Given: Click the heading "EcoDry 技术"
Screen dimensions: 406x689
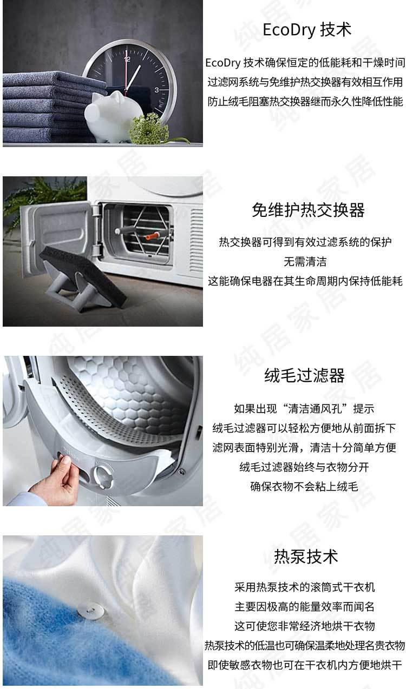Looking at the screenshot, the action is click(x=306, y=30).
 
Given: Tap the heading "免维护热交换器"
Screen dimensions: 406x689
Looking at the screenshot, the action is click(x=308, y=210).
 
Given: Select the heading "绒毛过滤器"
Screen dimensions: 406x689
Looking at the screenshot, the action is click(x=304, y=375).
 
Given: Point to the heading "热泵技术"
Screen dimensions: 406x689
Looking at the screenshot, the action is click(x=306, y=556).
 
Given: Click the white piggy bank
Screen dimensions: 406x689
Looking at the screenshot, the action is click(x=114, y=115).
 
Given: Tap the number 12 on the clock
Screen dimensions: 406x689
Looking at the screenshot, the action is click(x=127, y=59).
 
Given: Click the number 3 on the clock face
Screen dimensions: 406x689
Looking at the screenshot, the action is click(x=156, y=90).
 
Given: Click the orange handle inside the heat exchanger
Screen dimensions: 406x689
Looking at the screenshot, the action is click(x=153, y=236).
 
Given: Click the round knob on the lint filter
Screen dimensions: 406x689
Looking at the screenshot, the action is click(x=103, y=476).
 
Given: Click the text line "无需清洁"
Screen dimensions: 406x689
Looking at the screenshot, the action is click(x=305, y=261).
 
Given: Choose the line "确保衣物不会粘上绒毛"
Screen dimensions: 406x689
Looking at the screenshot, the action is click(x=304, y=486).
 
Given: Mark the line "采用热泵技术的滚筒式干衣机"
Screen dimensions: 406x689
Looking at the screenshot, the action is click(x=304, y=587).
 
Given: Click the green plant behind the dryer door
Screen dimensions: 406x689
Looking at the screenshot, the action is click(x=43, y=197).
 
